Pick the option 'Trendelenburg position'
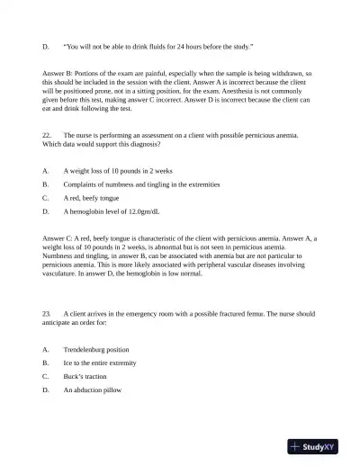click(96, 349)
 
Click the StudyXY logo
click(319, 445)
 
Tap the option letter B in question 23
click(45, 363)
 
